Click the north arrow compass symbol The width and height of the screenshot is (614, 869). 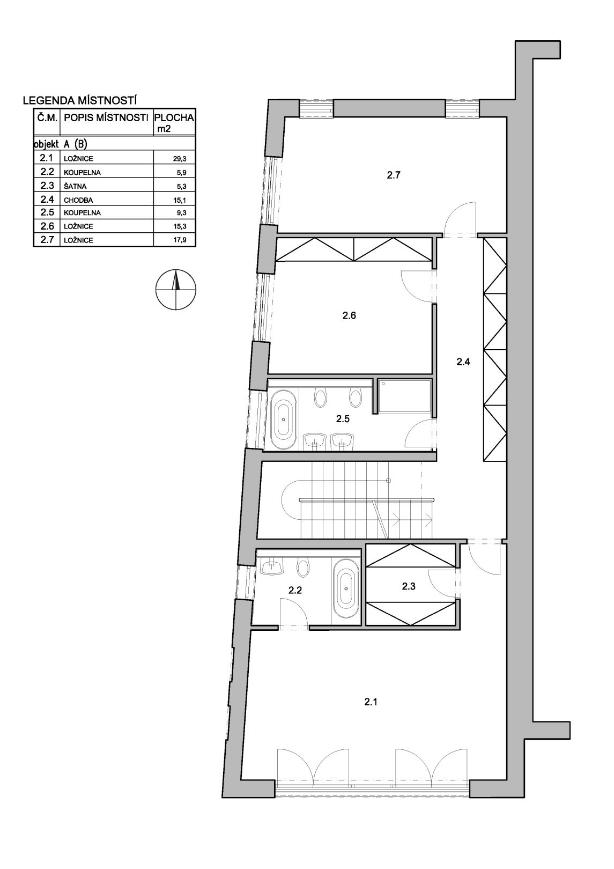175,290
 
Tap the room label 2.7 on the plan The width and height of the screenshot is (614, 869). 393,175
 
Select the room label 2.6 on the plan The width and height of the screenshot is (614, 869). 349,315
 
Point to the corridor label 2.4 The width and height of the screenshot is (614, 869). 463,362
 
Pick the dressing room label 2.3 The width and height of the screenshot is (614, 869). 409,586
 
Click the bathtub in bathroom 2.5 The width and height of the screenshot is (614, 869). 284,420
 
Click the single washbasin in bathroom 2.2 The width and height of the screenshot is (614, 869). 272,568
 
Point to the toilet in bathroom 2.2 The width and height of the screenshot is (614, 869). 302,568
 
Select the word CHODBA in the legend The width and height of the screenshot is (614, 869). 79,200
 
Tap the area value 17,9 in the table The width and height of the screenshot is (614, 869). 179,240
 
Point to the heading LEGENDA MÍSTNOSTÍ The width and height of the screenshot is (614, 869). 80,101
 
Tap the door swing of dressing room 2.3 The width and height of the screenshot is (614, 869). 442,584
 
